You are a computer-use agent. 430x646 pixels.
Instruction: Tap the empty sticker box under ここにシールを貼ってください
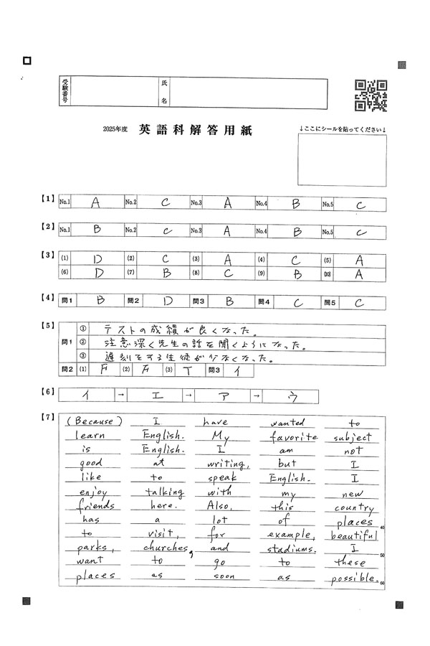coord(343,160)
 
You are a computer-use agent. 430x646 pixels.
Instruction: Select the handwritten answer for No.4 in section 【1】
coord(295,204)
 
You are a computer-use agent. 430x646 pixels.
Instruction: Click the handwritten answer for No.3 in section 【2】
coord(226,231)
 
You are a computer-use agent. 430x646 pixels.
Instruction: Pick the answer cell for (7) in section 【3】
coord(166,273)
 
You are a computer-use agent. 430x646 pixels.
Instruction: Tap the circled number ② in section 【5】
coord(82,342)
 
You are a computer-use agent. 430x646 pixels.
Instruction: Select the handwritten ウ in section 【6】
coord(292,395)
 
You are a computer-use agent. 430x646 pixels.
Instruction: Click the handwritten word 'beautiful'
coord(354,535)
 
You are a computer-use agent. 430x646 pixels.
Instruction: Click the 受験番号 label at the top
coord(64,93)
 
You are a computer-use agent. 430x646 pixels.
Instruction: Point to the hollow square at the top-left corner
coord(27,61)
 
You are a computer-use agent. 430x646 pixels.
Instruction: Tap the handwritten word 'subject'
coord(353,437)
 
